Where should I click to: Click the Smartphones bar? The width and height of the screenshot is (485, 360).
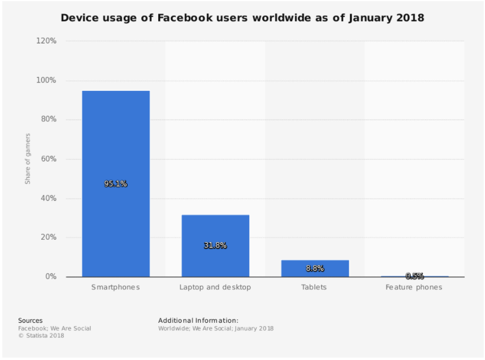click(116, 141)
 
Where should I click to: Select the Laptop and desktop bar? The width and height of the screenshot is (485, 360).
click(215, 226)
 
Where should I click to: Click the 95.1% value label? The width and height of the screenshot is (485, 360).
click(116, 184)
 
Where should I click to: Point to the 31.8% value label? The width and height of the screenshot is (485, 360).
click(215, 245)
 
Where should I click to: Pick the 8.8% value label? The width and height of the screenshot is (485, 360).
click(315, 269)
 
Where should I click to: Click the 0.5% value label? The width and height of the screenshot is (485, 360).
click(414, 276)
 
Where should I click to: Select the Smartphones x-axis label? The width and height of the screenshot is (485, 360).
click(116, 287)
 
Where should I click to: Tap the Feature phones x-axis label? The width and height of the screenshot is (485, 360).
click(414, 287)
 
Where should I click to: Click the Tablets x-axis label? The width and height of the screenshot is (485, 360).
click(315, 287)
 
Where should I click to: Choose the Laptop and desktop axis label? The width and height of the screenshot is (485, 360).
click(215, 287)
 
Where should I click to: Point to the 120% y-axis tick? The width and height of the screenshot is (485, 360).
click(46, 41)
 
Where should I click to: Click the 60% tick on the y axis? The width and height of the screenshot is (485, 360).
click(48, 159)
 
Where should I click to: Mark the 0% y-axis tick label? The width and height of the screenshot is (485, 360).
click(50, 276)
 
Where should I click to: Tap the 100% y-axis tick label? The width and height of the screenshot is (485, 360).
click(46, 81)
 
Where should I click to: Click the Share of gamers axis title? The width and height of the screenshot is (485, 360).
click(27, 159)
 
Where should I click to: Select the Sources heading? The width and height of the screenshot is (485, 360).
click(30, 321)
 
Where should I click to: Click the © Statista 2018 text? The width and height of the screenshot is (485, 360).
click(41, 336)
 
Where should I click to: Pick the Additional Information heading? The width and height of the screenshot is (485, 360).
click(198, 321)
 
